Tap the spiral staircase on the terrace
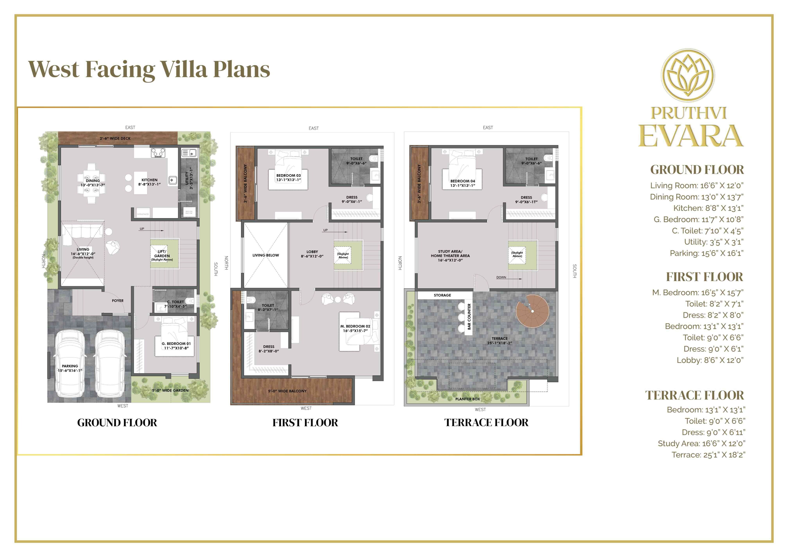(532, 311)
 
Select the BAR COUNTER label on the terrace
(469, 316)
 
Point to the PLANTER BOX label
(467, 399)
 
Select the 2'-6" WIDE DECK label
(115, 138)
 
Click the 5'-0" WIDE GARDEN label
(170, 390)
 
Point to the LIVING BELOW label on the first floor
(266, 255)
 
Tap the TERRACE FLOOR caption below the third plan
(486, 423)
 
